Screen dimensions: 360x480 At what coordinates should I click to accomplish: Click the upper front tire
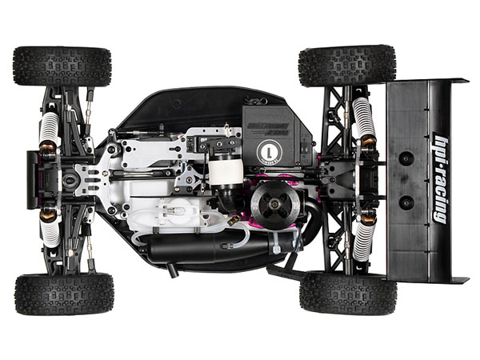(62, 66)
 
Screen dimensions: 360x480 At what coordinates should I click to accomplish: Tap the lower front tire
(64, 294)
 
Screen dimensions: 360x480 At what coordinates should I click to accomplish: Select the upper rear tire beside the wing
(346, 65)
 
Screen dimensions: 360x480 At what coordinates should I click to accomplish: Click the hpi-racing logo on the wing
(439, 178)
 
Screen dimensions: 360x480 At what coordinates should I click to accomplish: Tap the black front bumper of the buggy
(33, 178)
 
